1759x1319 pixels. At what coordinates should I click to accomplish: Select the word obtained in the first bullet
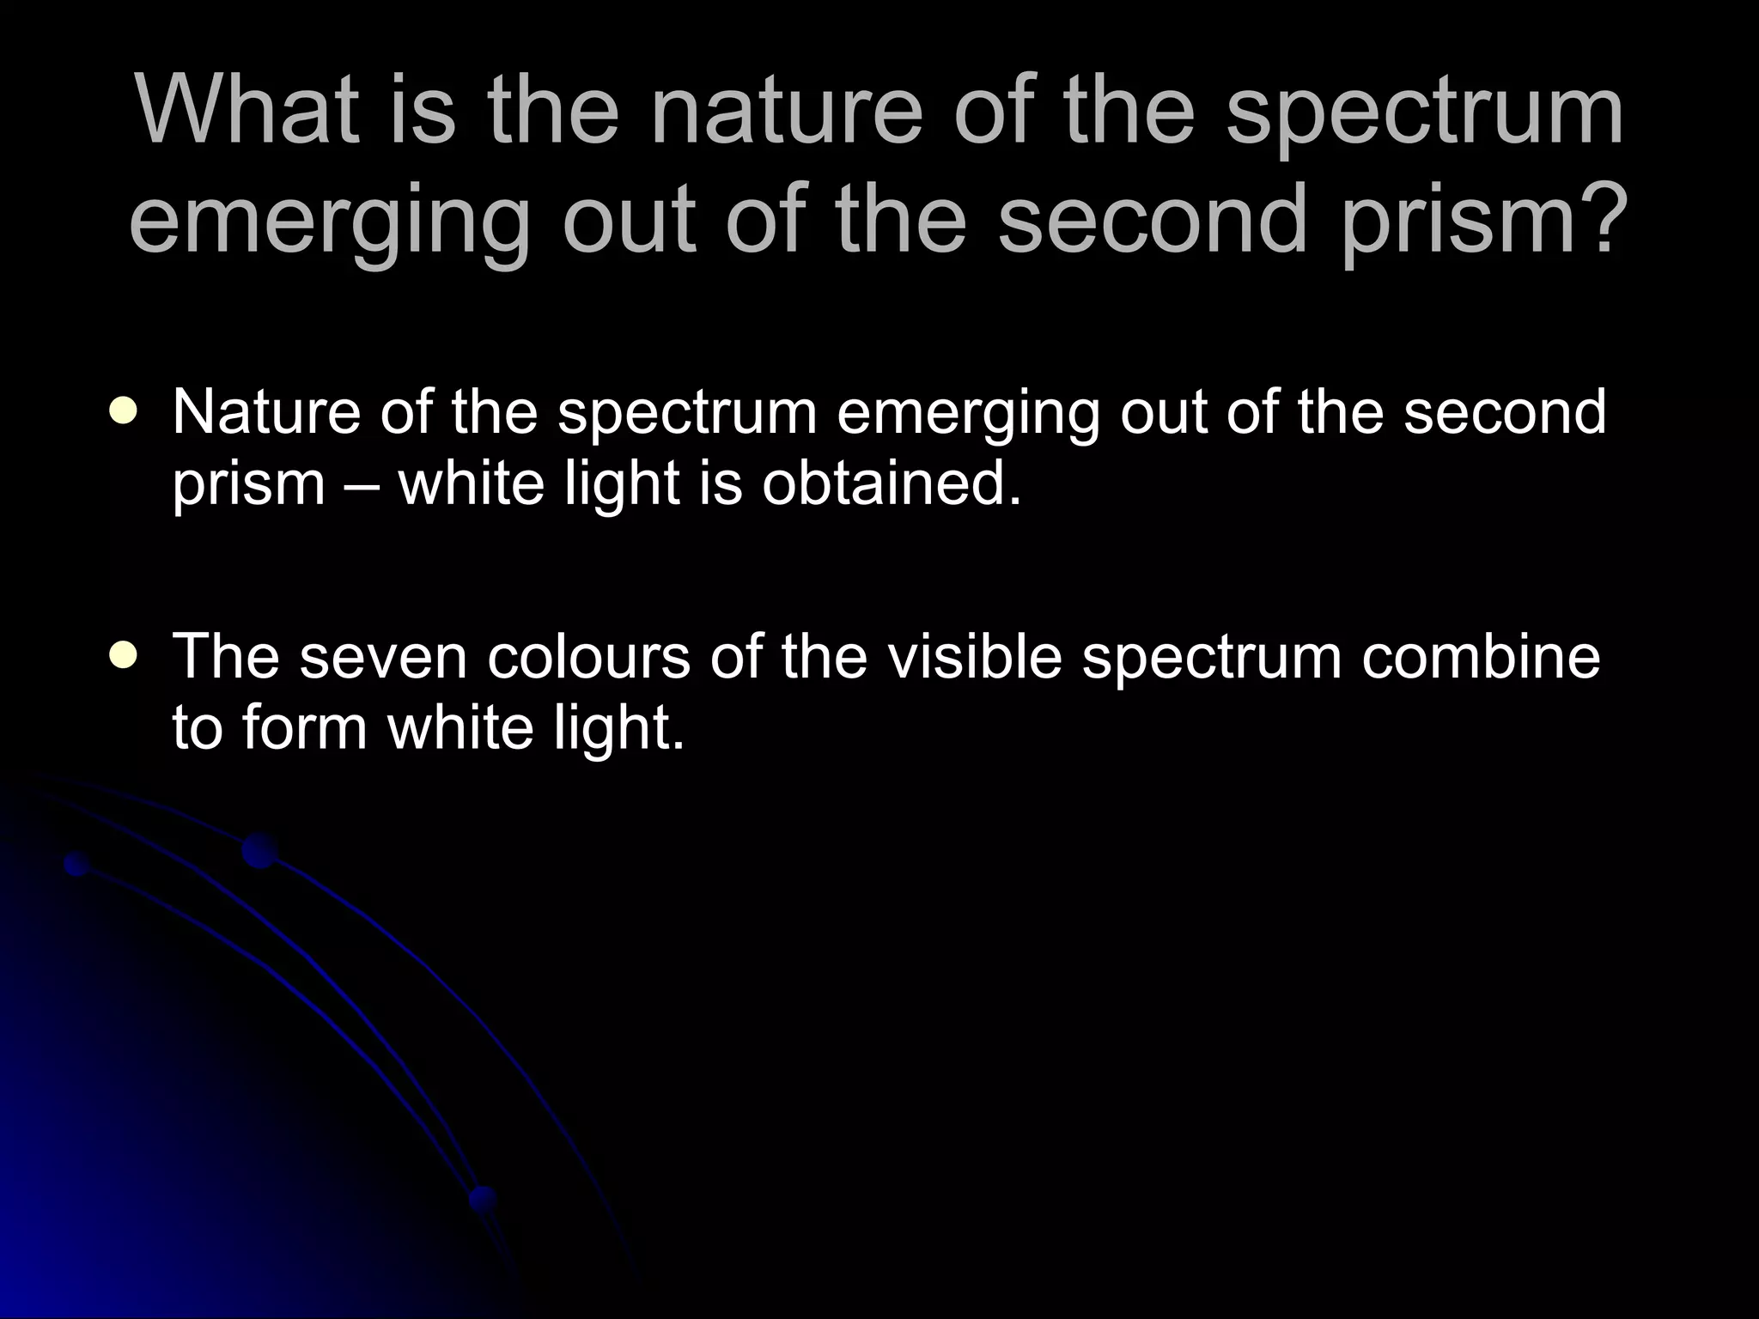tap(892, 483)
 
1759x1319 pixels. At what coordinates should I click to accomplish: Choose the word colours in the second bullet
tap(589, 658)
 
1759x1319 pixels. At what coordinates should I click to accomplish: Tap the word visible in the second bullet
tap(974, 657)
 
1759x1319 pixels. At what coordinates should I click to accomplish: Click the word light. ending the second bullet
tap(618, 728)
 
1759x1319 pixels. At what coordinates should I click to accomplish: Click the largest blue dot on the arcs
tap(259, 850)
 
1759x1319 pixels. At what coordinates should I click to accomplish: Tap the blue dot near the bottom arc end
tap(483, 1198)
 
